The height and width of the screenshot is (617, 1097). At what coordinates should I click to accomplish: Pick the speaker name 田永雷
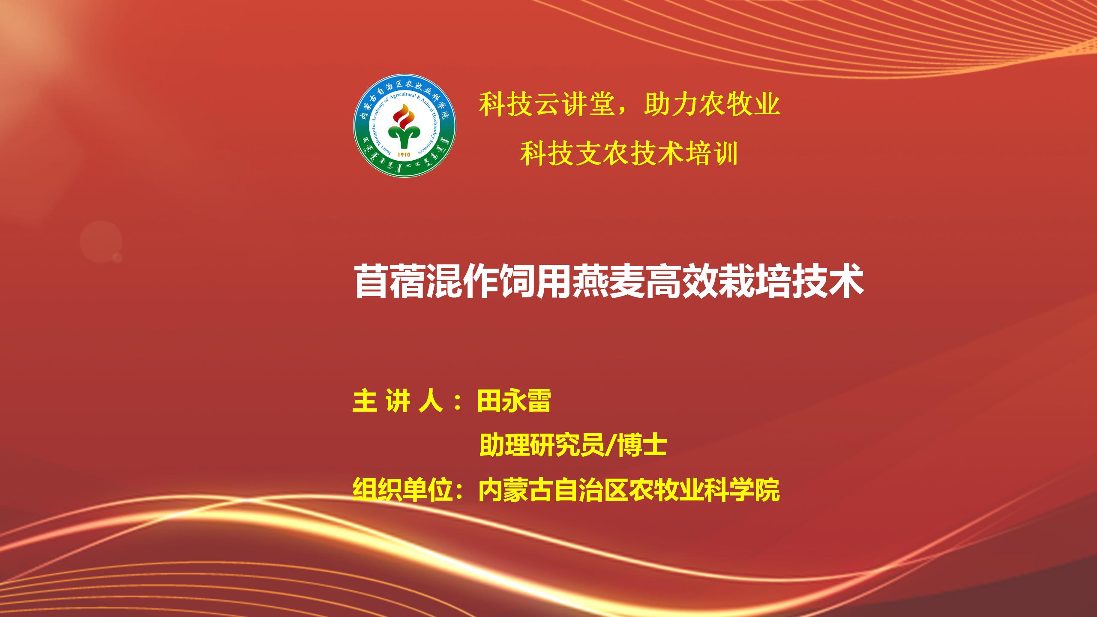coord(514,402)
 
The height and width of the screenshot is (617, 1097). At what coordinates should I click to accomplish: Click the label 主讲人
coord(398,402)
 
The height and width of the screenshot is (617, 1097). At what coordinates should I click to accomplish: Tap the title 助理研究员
coord(541,446)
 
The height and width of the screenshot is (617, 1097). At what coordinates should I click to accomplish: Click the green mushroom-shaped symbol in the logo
coord(404,137)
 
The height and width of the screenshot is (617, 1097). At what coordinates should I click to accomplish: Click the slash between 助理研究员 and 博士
coord(610,446)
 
